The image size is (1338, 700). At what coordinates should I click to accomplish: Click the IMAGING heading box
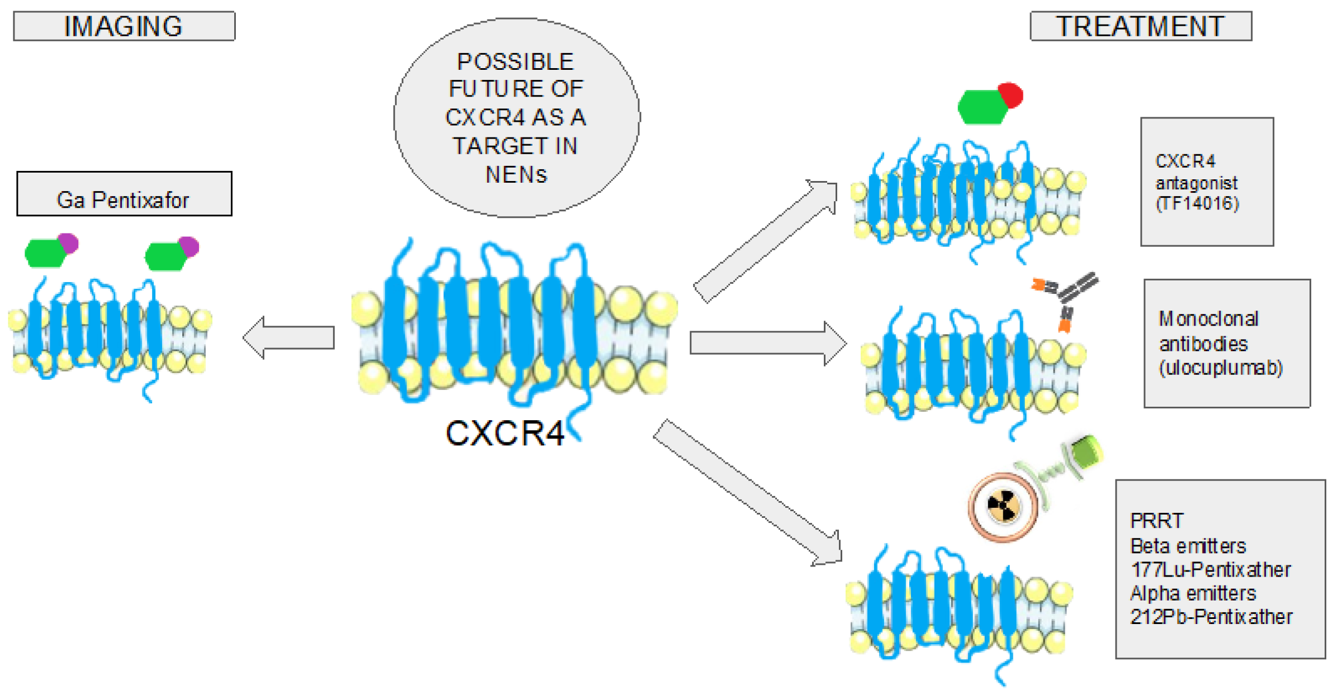(124, 26)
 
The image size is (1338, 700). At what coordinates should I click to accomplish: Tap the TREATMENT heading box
(1140, 26)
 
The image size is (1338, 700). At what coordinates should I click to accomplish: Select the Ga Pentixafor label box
(124, 194)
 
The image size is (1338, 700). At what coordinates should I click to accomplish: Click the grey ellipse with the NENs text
(516, 117)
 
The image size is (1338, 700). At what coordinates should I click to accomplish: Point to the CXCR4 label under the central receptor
(504, 432)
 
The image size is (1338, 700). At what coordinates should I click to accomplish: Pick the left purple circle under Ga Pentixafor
(68, 243)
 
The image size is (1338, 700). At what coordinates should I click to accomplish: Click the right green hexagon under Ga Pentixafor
(164, 256)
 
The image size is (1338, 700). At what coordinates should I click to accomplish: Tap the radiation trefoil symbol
(1003, 506)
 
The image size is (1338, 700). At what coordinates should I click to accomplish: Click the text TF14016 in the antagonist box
(1197, 203)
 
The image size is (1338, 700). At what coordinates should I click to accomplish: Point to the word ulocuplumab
(1221, 368)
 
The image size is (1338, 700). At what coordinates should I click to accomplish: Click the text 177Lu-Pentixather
(1211, 569)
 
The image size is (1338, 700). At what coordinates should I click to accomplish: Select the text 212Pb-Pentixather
(1211, 617)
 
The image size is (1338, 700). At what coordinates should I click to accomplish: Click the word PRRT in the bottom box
(1156, 521)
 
